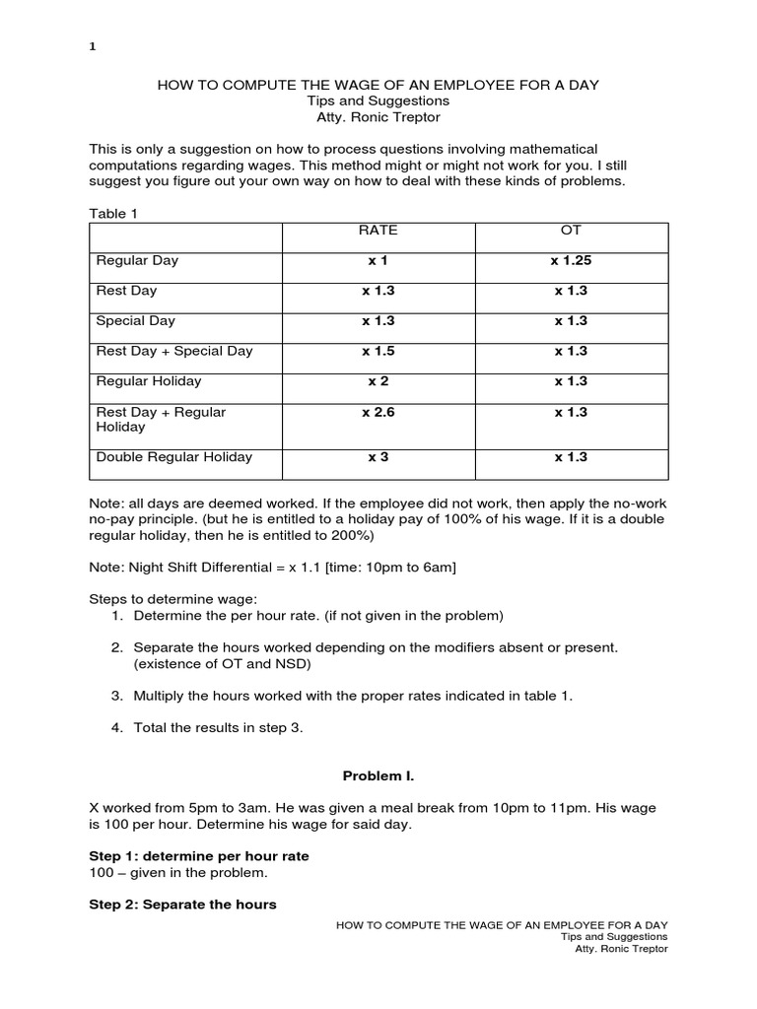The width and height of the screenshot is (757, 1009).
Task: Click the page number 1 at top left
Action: pos(92,45)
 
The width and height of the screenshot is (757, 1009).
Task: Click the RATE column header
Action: pos(378,231)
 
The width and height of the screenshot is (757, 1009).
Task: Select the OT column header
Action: pos(571,231)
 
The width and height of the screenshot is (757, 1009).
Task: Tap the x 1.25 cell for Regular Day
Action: pos(571,261)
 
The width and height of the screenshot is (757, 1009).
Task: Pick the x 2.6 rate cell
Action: pos(378,413)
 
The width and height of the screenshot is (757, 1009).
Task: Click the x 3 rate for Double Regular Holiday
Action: pos(378,457)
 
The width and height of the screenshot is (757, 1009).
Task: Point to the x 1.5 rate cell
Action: pos(378,351)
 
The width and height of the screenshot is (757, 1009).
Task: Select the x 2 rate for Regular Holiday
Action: pos(378,381)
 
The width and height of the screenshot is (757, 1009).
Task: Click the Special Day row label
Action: pos(135,321)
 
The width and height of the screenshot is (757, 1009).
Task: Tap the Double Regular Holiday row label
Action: pos(173,457)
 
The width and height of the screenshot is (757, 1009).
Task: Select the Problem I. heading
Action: pos(378,777)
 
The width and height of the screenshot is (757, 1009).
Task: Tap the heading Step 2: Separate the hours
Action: pos(183,904)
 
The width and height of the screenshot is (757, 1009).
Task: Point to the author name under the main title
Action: pos(378,117)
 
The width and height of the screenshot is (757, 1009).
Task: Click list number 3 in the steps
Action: pos(116,696)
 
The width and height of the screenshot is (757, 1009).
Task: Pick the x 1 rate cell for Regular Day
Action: pos(378,261)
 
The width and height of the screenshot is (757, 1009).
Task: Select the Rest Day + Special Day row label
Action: pos(174,351)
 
